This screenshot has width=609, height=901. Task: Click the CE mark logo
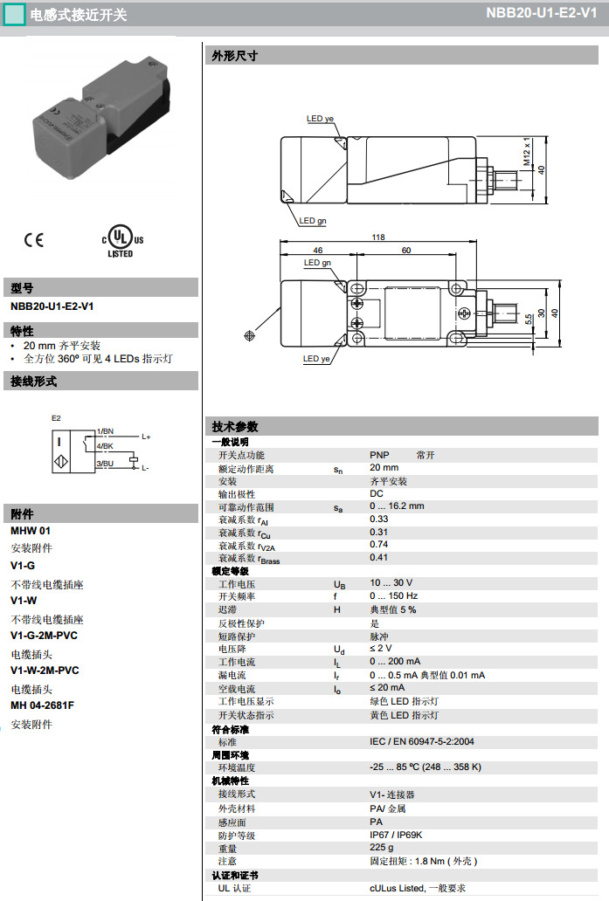(x=34, y=239)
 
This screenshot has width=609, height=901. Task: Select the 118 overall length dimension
(x=378, y=237)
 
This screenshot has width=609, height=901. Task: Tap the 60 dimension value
(x=406, y=250)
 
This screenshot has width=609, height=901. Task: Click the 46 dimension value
(x=318, y=250)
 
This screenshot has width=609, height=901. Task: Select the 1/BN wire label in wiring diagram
(x=105, y=431)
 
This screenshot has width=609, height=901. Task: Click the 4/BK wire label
(x=105, y=446)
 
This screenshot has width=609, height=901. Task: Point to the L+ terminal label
(x=146, y=437)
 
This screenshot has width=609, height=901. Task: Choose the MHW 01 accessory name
(x=31, y=530)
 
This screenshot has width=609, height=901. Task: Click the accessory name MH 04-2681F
(x=42, y=705)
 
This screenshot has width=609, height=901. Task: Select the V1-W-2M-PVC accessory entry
(x=45, y=671)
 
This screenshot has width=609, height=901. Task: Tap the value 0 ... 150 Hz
(x=394, y=596)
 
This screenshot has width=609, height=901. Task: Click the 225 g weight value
(x=381, y=848)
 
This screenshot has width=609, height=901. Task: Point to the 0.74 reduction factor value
(x=378, y=544)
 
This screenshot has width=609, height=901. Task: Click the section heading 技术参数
(x=235, y=427)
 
